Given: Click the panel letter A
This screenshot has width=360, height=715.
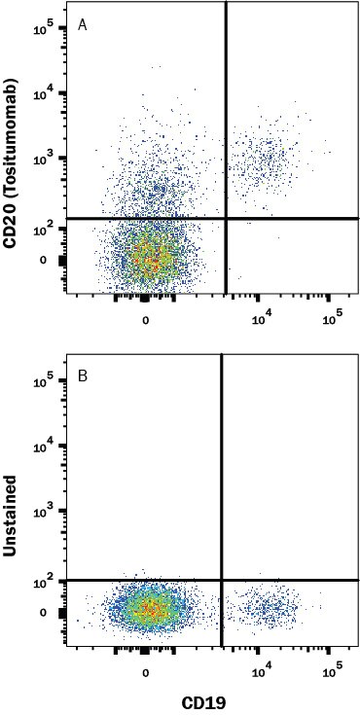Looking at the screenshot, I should tap(83, 25).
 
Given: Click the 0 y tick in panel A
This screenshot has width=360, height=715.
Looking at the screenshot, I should tap(42, 260).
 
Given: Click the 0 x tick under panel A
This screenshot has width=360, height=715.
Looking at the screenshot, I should tap(146, 321).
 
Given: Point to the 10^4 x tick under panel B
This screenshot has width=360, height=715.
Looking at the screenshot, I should tap(261, 672).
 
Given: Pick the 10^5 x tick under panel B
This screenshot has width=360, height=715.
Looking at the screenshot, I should tap(332, 671).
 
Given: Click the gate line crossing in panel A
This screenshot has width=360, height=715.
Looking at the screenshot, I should tap(227, 218).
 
